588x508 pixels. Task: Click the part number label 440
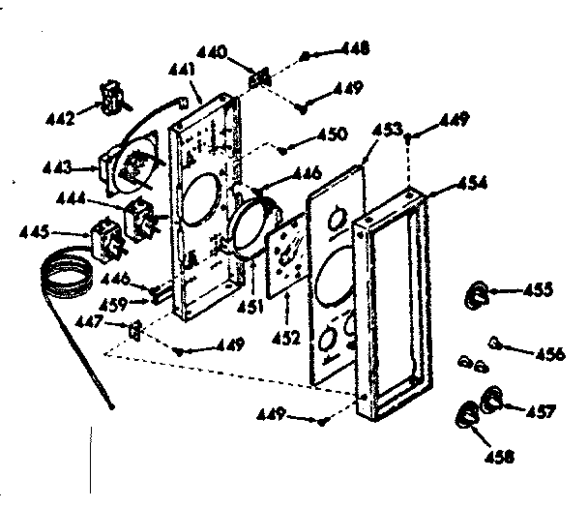(213, 51)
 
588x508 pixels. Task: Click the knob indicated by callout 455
(479, 293)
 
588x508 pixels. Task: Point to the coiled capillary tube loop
(64, 276)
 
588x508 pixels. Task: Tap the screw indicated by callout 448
(306, 56)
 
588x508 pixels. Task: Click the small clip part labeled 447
(137, 331)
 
